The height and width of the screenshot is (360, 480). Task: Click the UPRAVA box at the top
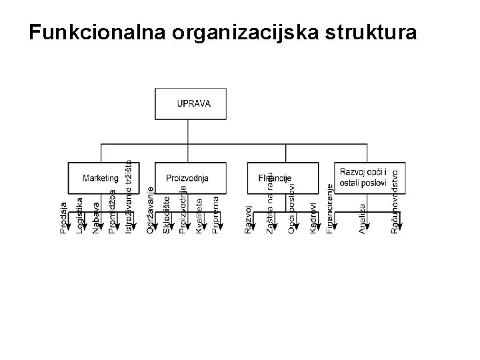[x=193, y=103]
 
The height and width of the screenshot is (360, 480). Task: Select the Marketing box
[x=100, y=178]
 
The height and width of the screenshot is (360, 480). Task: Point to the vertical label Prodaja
[x=63, y=218]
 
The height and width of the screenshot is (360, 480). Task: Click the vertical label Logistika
[x=80, y=215]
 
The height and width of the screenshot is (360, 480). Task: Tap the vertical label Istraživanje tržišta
[x=129, y=196]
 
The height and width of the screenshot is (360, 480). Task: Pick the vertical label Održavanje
[x=151, y=211]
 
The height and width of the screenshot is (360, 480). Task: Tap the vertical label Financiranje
[x=330, y=209]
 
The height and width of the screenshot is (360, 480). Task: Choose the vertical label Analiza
[x=363, y=218]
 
